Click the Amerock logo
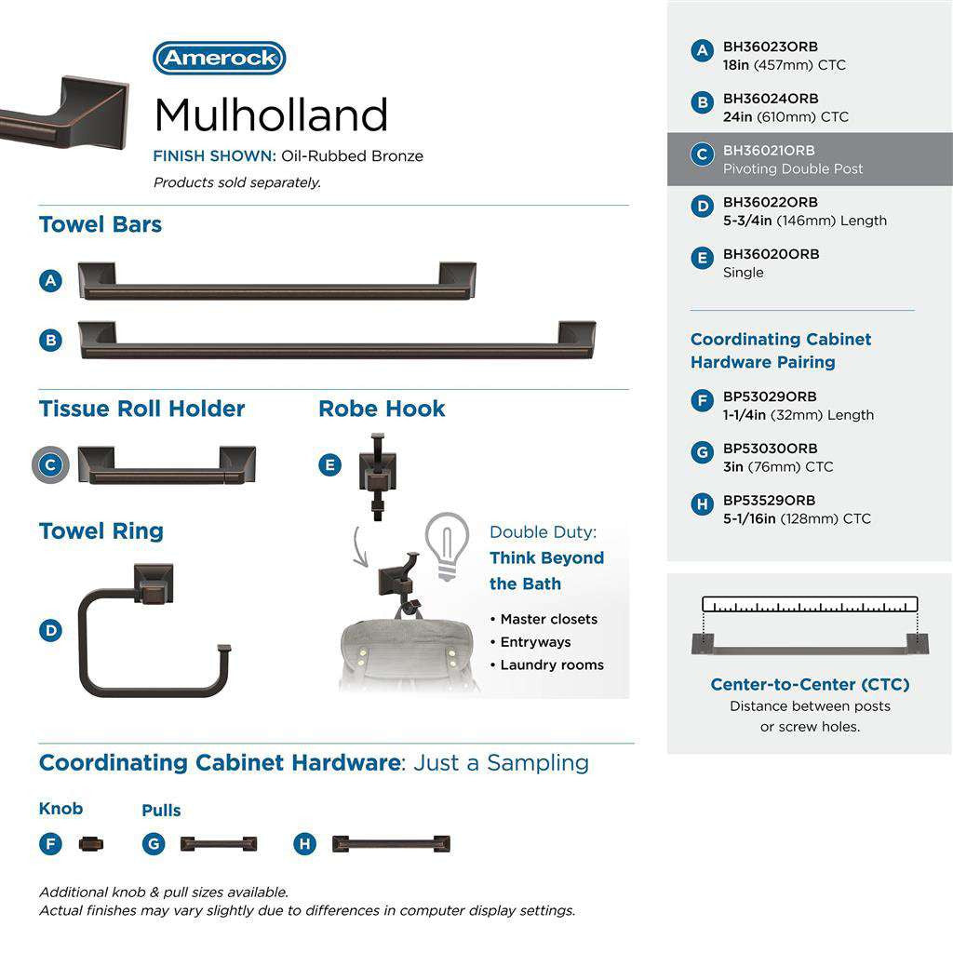tap(219, 58)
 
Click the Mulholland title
tap(271, 115)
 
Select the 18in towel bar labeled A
tap(276, 283)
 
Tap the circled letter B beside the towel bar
tap(51, 341)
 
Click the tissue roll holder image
tap(167, 465)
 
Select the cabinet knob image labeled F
tap(91, 844)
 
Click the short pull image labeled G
tap(219, 844)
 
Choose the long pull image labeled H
tap(391, 844)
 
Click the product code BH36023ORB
tap(771, 47)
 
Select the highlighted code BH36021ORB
tap(769, 151)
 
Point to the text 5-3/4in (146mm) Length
tap(805, 221)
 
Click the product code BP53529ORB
tap(769, 501)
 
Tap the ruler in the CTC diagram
tap(810, 604)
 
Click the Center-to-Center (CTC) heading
tap(810, 685)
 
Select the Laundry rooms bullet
tap(552, 664)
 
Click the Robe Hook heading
tap(382, 409)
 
